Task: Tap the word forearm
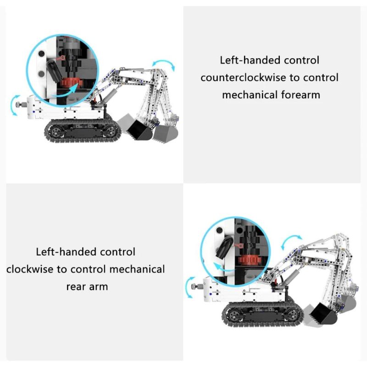click(x=300, y=95)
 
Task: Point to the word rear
click(x=76, y=287)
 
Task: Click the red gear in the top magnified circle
click(x=72, y=83)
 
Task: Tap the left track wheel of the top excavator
click(x=56, y=132)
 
